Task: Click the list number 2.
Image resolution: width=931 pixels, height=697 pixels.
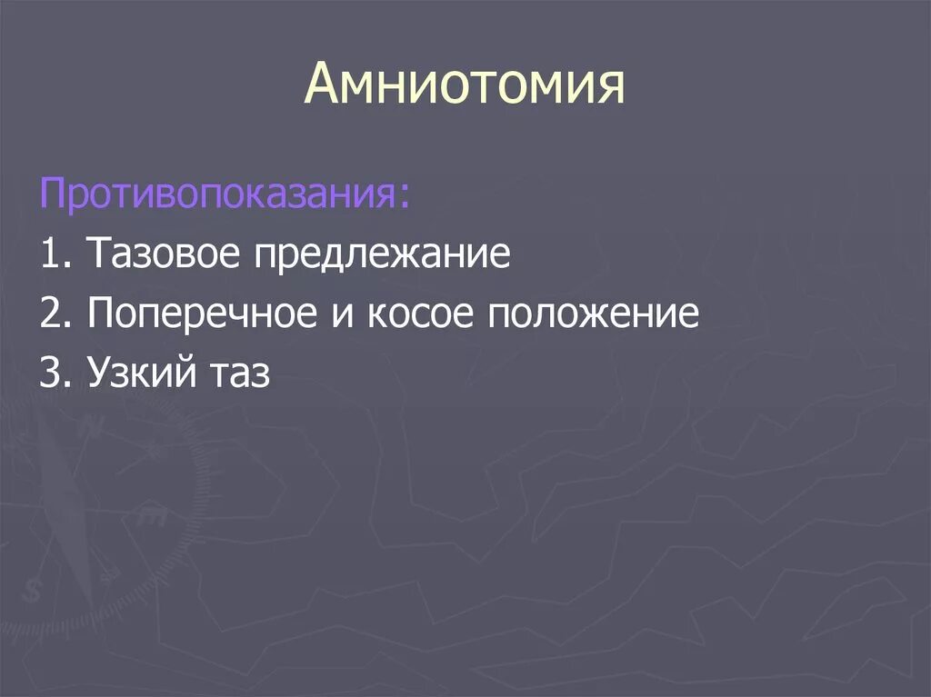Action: [51, 314]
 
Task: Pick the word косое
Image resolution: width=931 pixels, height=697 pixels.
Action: [416, 315]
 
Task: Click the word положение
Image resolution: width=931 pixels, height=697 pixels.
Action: [596, 315]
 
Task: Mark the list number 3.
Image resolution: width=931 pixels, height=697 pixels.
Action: [51, 374]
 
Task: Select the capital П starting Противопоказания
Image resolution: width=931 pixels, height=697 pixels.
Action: [52, 194]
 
